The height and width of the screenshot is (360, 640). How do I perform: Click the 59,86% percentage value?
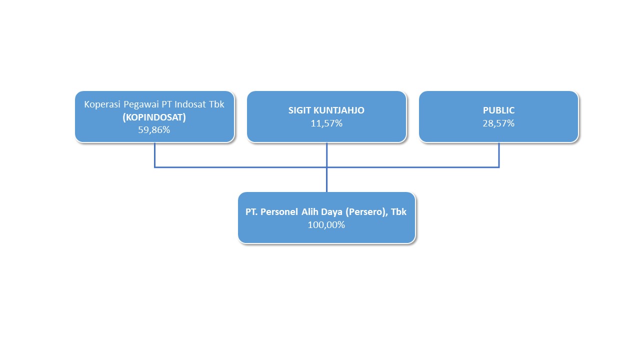(154, 130)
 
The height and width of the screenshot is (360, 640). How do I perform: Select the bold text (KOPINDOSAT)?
(154, 117)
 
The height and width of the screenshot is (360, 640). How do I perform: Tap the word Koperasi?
(102, 104)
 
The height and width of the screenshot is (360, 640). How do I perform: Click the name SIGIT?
(299, 110)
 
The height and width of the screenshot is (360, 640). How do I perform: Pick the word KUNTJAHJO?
(339, 110)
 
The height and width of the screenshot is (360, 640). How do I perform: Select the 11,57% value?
(326, 123)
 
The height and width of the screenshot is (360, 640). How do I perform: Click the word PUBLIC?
(498, 110)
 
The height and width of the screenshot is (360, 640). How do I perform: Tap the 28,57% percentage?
(498, 123)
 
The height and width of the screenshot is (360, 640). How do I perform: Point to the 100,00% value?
(326, 225)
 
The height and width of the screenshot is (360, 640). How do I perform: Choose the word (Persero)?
(367, 212)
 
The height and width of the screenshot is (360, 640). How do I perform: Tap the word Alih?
(310, 212)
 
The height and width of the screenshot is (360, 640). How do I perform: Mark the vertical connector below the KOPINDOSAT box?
(154, 154)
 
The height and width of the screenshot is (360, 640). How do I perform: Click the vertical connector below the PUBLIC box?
(499, 154)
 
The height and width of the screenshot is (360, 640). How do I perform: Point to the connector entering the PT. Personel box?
(326, 179)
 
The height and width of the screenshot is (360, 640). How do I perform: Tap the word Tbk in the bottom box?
(398, 212)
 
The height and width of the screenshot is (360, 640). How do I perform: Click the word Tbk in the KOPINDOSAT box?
(216, 104)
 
